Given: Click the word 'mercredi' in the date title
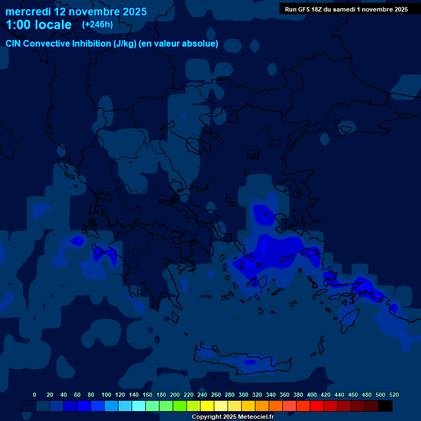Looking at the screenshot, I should pyautogui.click(x=28, y=12).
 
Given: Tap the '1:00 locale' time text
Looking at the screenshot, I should pyautogui.click(x=38, y=25).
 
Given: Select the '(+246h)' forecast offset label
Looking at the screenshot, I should pyautogui.click(x=97, y=25).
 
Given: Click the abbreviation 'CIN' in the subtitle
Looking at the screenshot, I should pyautogui.click(x=14, y=44).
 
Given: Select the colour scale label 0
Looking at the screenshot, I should pyautogui.click(x=35, y=395).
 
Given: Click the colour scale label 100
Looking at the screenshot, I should pyautogui.click(x=106, y=395).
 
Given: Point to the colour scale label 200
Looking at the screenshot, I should pyautogui.click(x=175, y=395).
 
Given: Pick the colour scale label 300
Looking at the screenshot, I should pyautogui.click(x=243, y=395).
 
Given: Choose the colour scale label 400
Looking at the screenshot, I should pyautogui.click(x=312, y=395).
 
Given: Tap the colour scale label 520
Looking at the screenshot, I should pyautogui.click(x=394, y=395).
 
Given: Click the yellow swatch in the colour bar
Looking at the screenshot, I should pyautogui.click(x=207, y=406).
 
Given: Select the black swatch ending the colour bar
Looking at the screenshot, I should pyautogui.click(x=385, y=406).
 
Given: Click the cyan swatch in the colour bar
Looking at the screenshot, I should pyautogui.click(x=139, y=406).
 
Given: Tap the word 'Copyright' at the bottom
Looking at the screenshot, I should pyautogui.click(x=207, y=417).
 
